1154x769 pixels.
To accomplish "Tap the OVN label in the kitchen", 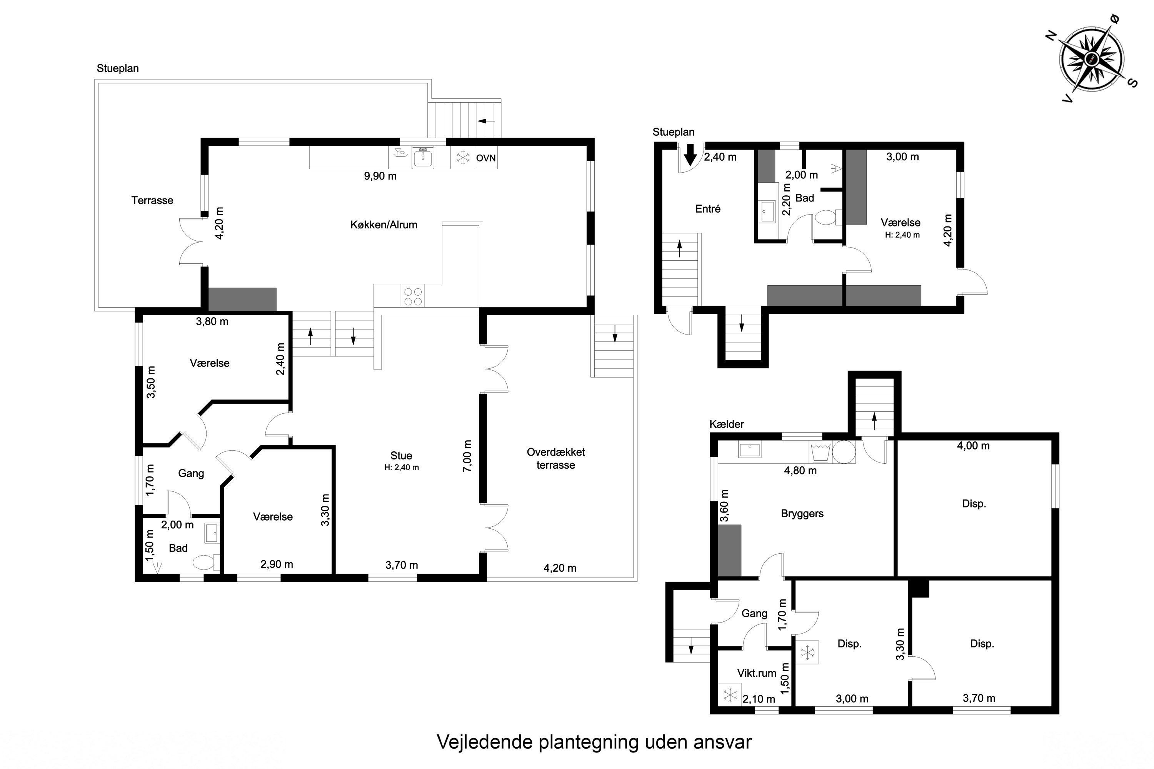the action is (486, 158).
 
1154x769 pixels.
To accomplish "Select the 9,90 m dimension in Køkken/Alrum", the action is (380, 176).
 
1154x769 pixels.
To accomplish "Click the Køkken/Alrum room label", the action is (384, 225).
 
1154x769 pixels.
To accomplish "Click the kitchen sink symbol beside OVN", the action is (423, 157).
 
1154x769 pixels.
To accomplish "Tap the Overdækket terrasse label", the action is (556, 459).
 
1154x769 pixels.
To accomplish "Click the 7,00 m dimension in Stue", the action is (468, 456).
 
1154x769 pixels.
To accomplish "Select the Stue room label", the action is (401, 456).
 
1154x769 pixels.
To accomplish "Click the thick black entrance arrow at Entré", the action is (690, 155).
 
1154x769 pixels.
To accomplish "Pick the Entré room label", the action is (708, 209).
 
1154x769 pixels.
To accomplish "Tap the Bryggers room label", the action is (802, 513).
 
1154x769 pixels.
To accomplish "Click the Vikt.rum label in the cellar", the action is (757, 673).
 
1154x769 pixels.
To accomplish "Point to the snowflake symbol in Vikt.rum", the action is (730, 694).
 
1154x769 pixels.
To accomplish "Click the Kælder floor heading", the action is (727, 424).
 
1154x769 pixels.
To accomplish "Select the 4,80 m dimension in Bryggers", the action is (800, 471).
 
